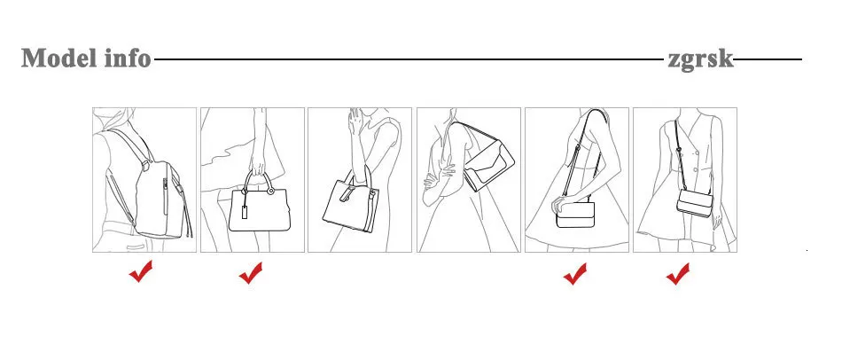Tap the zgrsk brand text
tap(700, 59)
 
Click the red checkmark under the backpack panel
tap(141, 271)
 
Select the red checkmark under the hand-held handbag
tap(251, 273)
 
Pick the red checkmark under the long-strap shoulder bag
tap(574, 273)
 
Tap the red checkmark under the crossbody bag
tap(678, 273)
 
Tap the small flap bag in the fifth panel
tap(575, 214)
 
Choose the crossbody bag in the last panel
tap(694, 202)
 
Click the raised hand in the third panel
tap(355, 121)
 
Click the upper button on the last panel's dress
tap(697, 153)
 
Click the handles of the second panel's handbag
tap(258, 182)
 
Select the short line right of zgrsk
tap(768, 59)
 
